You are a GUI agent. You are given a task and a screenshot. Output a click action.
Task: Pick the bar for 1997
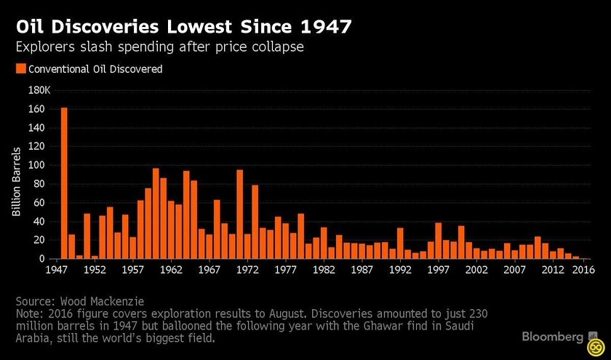tap(438, 241)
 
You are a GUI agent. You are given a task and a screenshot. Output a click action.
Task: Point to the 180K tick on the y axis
tap(37, 90)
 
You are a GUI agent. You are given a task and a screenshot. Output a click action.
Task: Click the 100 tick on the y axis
tap(37, 165)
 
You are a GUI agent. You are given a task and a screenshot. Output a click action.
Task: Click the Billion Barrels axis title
tap(16, 183)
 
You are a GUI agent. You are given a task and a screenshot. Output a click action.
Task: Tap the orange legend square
tap(20, 69)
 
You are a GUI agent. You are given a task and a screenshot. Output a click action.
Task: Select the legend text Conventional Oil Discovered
tap(95, 69)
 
